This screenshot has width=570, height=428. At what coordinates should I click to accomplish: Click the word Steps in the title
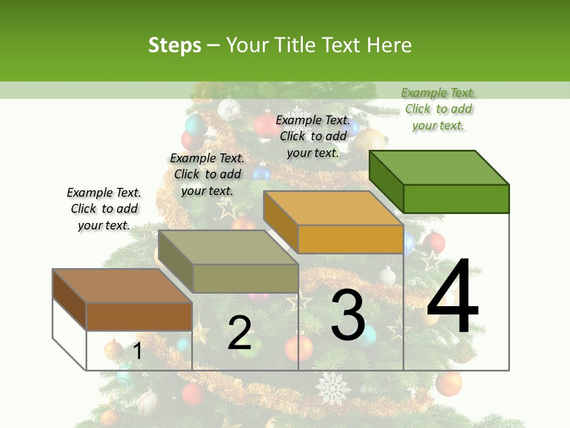coord(175,45)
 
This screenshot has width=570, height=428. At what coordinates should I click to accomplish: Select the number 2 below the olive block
coord(239,333)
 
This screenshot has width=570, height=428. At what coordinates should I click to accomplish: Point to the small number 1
coord(137,351)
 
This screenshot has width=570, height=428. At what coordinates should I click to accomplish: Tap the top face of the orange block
coord(333,208)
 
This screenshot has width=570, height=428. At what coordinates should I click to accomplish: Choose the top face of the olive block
coord(228,247)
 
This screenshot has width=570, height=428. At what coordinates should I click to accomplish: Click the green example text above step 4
coord(438,109)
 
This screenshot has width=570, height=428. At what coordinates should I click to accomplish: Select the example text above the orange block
coord(313,136)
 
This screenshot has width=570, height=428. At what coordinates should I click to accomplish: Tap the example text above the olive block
coord(207,174)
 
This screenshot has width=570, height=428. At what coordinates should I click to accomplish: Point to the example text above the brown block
coord(104,209)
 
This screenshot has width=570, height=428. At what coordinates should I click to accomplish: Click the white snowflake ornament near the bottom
coord(332,388)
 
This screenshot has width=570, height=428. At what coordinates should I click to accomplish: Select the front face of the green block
coord(456,199)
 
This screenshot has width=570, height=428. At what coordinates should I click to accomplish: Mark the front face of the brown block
coord(139,316)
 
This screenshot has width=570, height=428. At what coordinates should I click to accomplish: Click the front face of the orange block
coord(350,239)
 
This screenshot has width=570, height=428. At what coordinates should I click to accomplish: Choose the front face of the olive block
coord(245,278)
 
